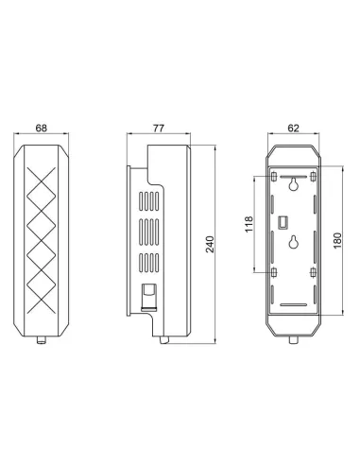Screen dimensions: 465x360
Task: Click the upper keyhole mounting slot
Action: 297,187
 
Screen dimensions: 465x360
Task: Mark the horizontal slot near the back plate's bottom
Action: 297,304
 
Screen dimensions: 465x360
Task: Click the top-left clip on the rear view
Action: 274,177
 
